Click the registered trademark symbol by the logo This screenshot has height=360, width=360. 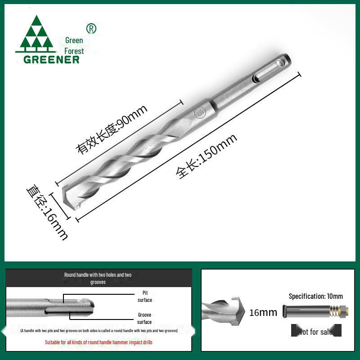[91, 28]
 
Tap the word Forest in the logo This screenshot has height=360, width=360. [74, 51]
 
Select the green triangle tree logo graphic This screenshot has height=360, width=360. [36, 35]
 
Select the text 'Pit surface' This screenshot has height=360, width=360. [144, 296]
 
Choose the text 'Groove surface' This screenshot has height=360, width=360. [144, 319]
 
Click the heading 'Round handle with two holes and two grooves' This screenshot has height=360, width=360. [98, 278]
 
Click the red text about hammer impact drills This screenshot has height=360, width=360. [99, 342]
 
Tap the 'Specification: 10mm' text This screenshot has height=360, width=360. [315, 296]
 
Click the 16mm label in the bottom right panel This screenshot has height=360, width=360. [263, 312]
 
